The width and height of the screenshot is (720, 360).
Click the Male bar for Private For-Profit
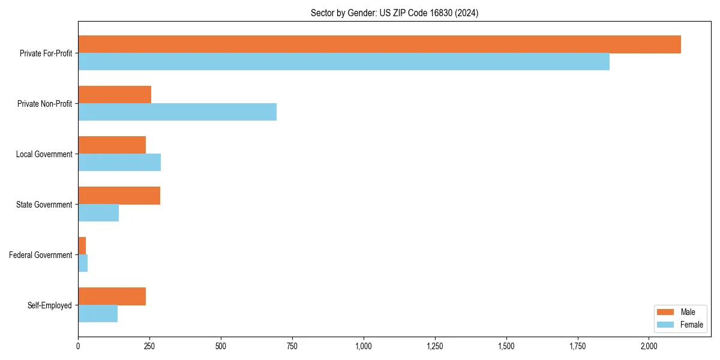(379, 44)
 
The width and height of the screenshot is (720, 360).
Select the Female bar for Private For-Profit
(344, 62)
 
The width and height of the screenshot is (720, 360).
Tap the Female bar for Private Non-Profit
(177, 112)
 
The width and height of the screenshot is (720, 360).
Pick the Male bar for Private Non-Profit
(115, 95)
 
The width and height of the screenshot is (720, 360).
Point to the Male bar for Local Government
(112, 145)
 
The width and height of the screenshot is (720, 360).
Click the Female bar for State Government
(98, 213)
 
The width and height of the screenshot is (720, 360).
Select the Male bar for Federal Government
(82, 245)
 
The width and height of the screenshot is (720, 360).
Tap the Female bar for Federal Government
(83, 263)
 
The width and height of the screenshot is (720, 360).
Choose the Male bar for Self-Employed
(112, 296)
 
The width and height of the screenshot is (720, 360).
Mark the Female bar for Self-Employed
(98, 314)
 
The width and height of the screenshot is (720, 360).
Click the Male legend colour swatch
(665, 312)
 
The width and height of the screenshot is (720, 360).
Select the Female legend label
(692, 325)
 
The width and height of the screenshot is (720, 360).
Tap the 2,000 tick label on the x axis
(649, 346)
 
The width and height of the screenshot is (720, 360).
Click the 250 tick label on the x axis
(149, 346)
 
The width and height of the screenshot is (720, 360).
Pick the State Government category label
(44, 205)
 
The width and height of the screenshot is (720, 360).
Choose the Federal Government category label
(40, 255)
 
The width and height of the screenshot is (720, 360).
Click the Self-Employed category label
(50, 305)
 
